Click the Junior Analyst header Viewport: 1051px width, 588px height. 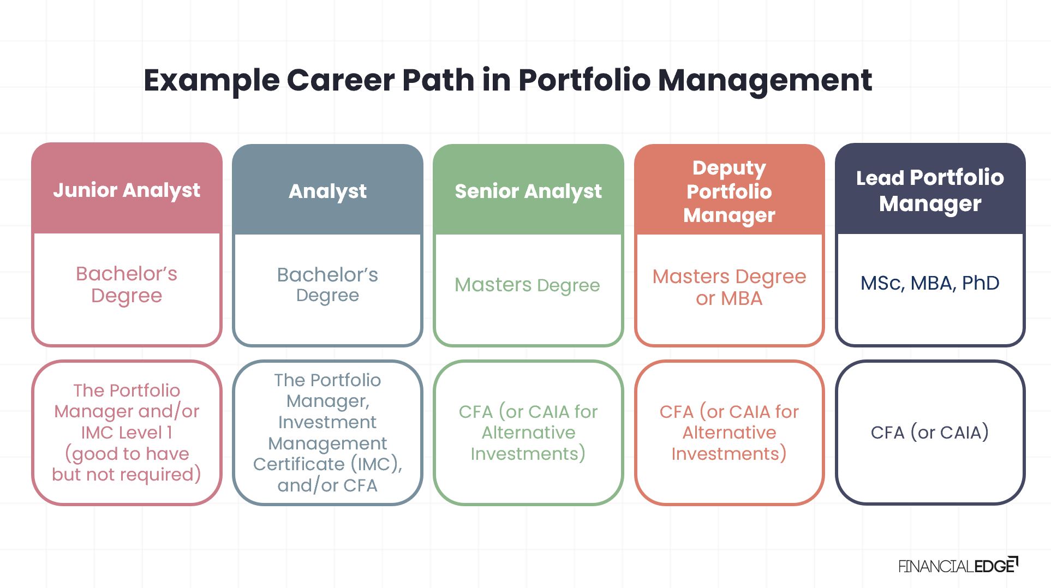pos(127,190)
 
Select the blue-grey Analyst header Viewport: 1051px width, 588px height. pos(327,191)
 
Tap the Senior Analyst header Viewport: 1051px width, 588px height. pos(528,191)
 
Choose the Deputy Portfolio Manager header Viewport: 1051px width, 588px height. pos(729,191)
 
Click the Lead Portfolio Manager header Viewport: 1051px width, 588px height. pos(930,190)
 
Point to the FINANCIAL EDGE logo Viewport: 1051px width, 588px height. pos(958,566)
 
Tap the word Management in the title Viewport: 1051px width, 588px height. pos(765,80)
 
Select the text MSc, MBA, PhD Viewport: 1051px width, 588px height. pos(930,283)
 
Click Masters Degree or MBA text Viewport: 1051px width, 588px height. pos(729,287)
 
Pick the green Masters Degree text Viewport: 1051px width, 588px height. pos(527,285)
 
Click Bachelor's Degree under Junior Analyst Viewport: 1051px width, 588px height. pos(127,284)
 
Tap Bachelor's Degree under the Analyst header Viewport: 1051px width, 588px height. pos(327,284)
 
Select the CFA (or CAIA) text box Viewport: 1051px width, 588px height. pos(930,432)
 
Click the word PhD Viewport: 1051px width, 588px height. pos(981,283)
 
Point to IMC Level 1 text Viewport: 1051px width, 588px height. pos(127,432)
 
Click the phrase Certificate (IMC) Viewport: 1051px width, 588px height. pos(327,464)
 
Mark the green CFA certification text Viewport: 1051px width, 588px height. pos(528,432)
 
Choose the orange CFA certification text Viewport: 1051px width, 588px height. pos(729,432)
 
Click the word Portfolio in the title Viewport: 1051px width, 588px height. pos(584,80)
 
